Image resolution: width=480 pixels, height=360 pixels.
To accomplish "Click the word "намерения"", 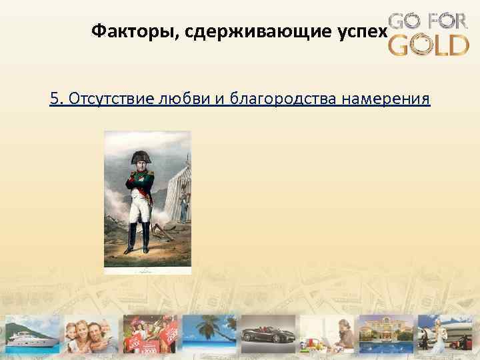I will click(x=386, y=99).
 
